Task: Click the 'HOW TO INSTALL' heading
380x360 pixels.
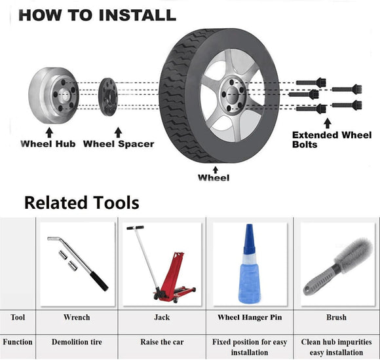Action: click(x=97, y=14)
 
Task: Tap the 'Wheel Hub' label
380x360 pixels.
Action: click(x=48, y=143)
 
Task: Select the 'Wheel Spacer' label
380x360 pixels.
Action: click(x=119, y=143)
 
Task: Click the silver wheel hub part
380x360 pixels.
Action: click(x=53, y=96)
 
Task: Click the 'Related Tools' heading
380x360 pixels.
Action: click(x=82, y=202)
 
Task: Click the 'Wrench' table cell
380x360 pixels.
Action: click(x=77, y=317)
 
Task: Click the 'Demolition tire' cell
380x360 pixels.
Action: click(x=77, y=342)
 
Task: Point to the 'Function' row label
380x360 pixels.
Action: click(x=18, y=342)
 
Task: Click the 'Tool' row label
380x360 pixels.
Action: click(x=18, y=317)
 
